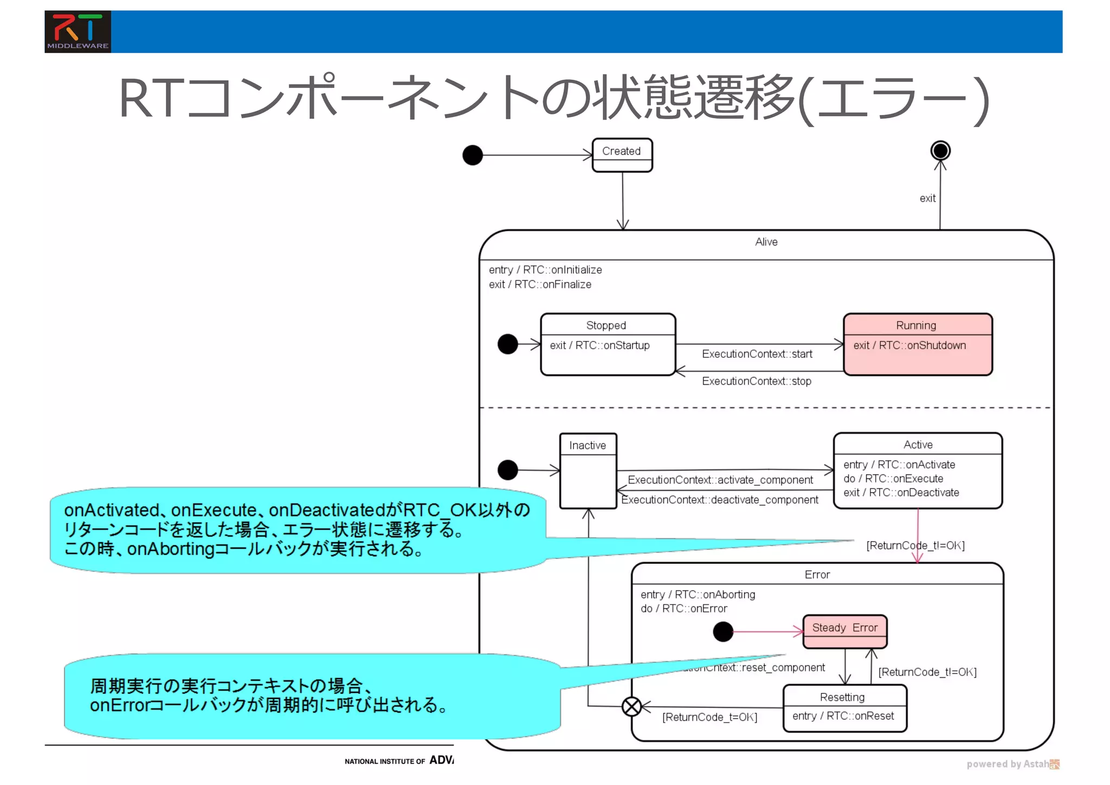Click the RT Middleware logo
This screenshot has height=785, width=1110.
pos(78,31)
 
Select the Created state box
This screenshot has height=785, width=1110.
pos(622,155)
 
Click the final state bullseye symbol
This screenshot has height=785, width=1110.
pos(940,150)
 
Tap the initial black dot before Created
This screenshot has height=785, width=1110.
pos(473,155)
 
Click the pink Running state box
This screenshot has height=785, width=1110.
pos(918,344)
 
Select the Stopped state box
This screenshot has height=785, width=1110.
pos(608,344)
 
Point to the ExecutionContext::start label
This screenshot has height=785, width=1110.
pos(757,354)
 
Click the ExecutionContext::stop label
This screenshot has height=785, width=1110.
pos(757,381)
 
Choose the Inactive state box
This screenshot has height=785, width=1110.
pos(588,471)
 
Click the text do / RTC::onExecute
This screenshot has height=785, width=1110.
pos(893,479)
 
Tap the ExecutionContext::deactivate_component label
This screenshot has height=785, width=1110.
pos(720,500)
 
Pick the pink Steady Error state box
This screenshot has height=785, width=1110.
pos(844,632)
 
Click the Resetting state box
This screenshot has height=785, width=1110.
pos(844,708)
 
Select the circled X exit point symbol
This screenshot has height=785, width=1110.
pos(631,706)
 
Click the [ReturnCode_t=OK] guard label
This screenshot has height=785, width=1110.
pos(709,717)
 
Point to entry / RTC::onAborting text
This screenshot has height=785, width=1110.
pos(698,594)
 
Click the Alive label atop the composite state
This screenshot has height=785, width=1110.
pos(766,242)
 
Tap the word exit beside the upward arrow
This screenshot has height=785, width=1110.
pos(927,198)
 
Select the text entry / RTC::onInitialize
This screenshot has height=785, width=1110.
pos(545,269)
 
